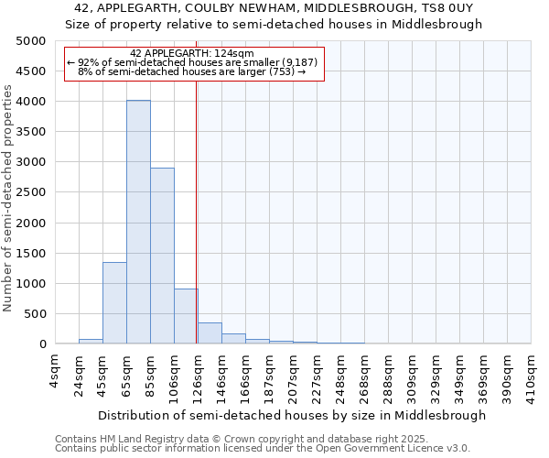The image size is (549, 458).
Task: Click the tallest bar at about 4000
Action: (138, 222)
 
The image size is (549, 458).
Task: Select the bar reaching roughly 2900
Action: (162, 256)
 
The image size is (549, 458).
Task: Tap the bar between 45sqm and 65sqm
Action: (114, 302)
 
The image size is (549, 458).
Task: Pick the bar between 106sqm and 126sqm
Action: (186, 316)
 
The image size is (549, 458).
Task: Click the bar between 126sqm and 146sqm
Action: (210, 333)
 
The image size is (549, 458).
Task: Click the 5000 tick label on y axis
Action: (31, 41)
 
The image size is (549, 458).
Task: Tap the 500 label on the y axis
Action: (35, 314)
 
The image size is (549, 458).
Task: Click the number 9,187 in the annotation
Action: (298, 62)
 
